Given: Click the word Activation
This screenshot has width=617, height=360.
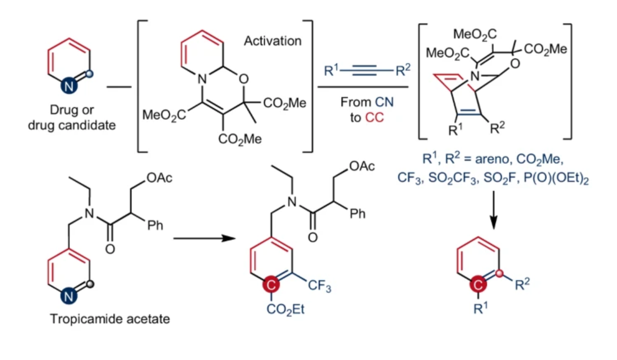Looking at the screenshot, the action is [272, 41].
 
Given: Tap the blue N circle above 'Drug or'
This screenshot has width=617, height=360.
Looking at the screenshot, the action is [68, 86].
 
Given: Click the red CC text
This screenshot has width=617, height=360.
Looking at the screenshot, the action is [374, 118].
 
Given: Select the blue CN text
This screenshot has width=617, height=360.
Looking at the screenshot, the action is [384, 102].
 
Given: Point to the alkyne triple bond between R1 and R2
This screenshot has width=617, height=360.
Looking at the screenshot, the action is [365, 71].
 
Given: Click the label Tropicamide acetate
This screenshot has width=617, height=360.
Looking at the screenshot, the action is [110, 319].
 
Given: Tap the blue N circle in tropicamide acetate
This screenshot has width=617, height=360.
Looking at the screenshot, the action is [68, 296].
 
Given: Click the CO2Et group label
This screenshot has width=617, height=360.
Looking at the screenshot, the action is [285, 309].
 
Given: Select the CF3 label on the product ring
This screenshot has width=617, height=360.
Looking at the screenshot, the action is [319, 285].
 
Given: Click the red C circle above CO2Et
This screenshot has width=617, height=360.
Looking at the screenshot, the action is [271, 284].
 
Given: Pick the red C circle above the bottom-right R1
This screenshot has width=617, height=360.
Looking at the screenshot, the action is [478, 284].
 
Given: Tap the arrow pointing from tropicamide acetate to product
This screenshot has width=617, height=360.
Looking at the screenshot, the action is [204, 239].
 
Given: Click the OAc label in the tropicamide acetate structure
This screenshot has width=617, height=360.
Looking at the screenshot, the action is [159, 178].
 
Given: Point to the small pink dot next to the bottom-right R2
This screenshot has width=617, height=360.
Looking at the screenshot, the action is [499, 273].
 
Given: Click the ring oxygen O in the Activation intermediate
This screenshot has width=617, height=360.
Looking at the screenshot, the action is [243, 79].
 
